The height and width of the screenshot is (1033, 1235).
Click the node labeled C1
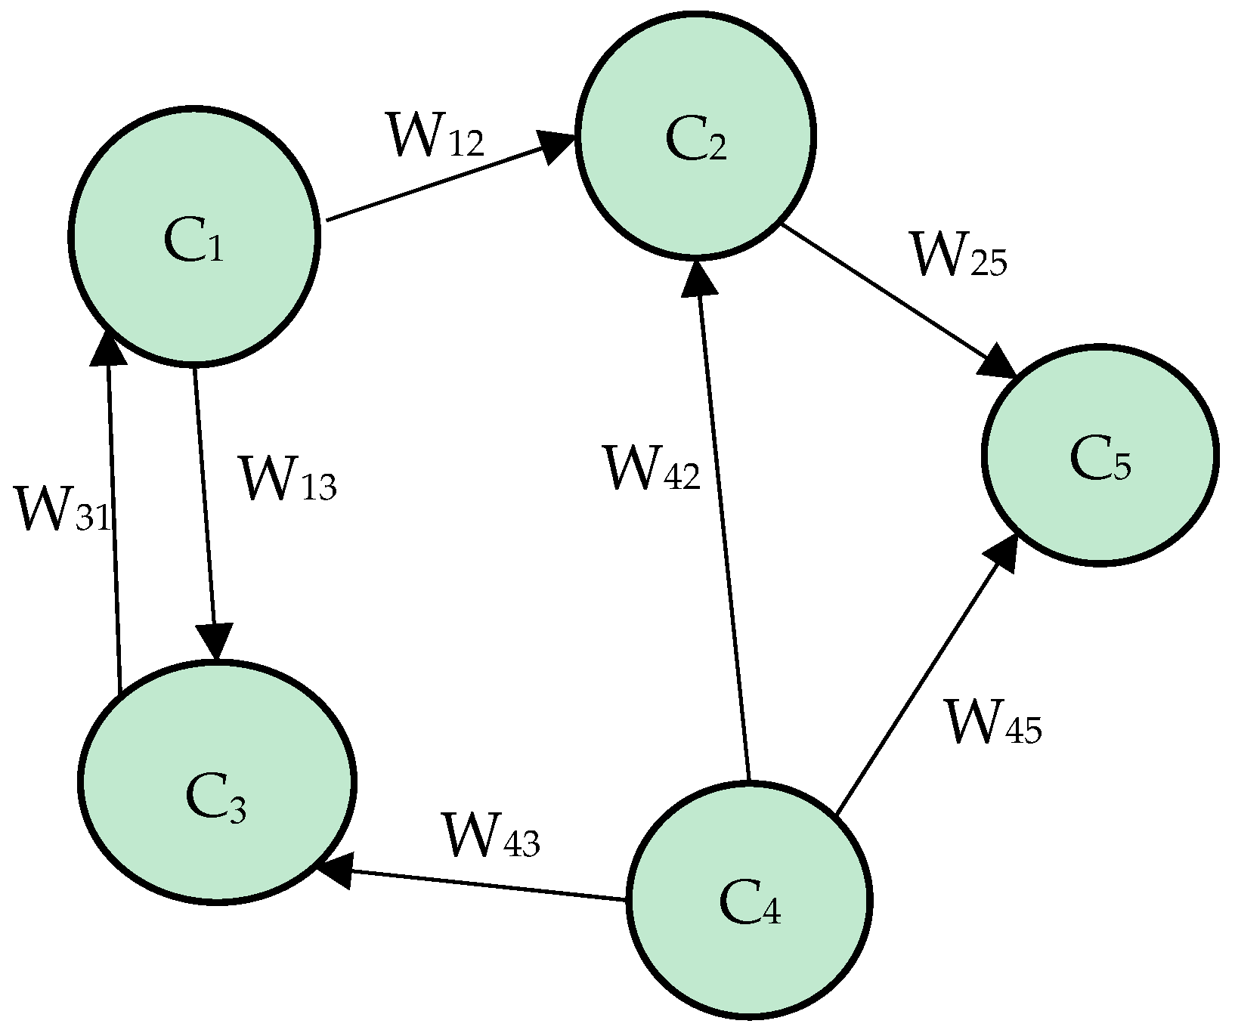click(x=193, y=237)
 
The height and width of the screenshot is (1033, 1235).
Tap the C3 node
click(x=216, y=781)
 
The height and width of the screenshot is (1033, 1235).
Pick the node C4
click(x=750, y=900)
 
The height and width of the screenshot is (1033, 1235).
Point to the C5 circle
click(x=1099, y=454)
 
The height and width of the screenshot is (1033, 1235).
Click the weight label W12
click(x=435, y=136)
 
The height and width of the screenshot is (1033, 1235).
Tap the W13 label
click(x=286, y=479)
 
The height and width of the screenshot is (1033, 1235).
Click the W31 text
click(x=63, y=511)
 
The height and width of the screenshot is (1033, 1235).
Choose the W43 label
click(x=491, y=836)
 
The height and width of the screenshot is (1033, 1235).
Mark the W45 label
click(x=993, y=723)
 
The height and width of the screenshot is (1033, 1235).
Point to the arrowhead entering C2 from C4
click(x=699, y=277)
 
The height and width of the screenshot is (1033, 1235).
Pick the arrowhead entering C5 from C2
click(x=998, y=363)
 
